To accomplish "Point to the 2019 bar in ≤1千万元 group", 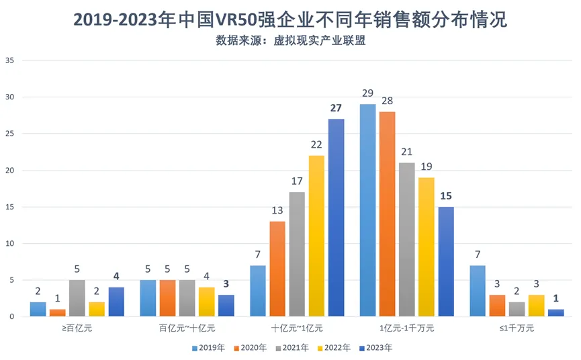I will [x=477, y=290].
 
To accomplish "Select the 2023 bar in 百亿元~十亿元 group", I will [x=226, y=305].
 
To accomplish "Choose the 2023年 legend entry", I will [x=376, y=348].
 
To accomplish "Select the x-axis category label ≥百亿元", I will [x=77, y=328].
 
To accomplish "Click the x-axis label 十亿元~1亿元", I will [x=297, y=328].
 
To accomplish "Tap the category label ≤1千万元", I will [x=516, y=328].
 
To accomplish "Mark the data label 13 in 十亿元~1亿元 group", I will [x=278, y=211].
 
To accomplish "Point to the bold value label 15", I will [x=445, y=196].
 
